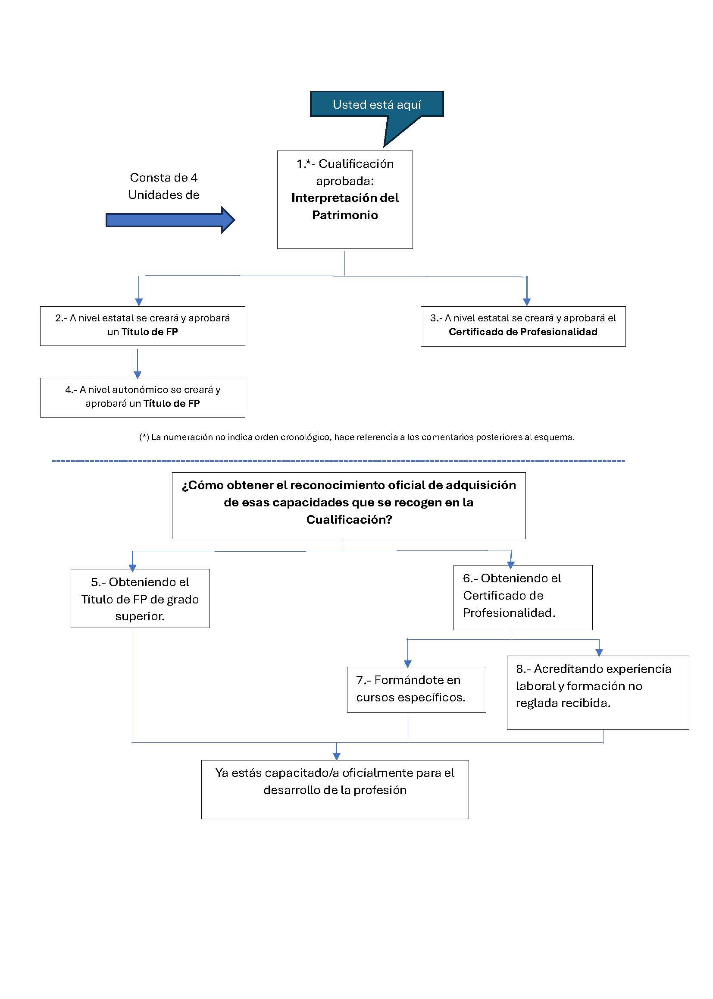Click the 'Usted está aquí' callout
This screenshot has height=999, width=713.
376,104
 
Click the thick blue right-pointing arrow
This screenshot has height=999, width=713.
169,220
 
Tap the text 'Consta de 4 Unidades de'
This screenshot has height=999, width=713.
163,186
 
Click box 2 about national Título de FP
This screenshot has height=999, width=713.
142,326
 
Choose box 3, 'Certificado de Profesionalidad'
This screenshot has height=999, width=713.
522,326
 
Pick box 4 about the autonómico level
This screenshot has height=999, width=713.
142,397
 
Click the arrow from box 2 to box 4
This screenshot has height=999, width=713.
138,363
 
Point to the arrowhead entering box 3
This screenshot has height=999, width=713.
527,302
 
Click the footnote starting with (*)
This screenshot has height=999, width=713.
356,437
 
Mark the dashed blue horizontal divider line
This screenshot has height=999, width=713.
338,461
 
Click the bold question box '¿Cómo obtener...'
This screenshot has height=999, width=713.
349,505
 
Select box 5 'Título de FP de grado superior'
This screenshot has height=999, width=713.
140,598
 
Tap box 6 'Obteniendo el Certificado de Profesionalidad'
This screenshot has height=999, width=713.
522,597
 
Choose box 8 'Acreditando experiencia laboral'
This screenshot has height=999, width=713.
597,692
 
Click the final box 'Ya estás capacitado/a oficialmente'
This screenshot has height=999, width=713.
335,789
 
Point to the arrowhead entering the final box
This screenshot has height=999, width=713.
336,756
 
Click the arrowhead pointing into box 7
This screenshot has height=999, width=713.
407,663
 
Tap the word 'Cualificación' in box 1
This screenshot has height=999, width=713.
356,164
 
